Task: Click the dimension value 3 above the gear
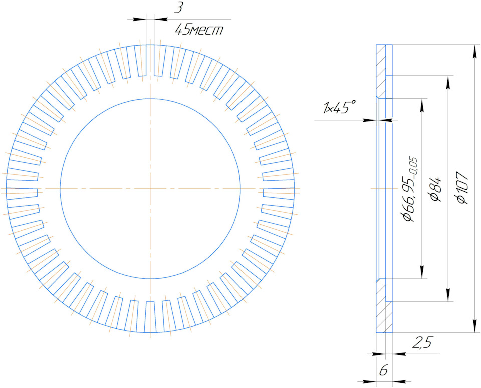[x=178, y=8]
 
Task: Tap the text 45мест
[x=199, y=30]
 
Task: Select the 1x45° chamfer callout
[x=339, y=107]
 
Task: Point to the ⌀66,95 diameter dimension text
[x=410, y=189]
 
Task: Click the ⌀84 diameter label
[x=436, y=189]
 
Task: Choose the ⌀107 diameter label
[x=462, y=187]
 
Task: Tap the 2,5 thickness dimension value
[x=422, y=342]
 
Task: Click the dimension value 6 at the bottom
[x=383, y=371]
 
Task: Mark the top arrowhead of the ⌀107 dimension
[x=475, y=52]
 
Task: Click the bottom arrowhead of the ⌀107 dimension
[x=475, y=326]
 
